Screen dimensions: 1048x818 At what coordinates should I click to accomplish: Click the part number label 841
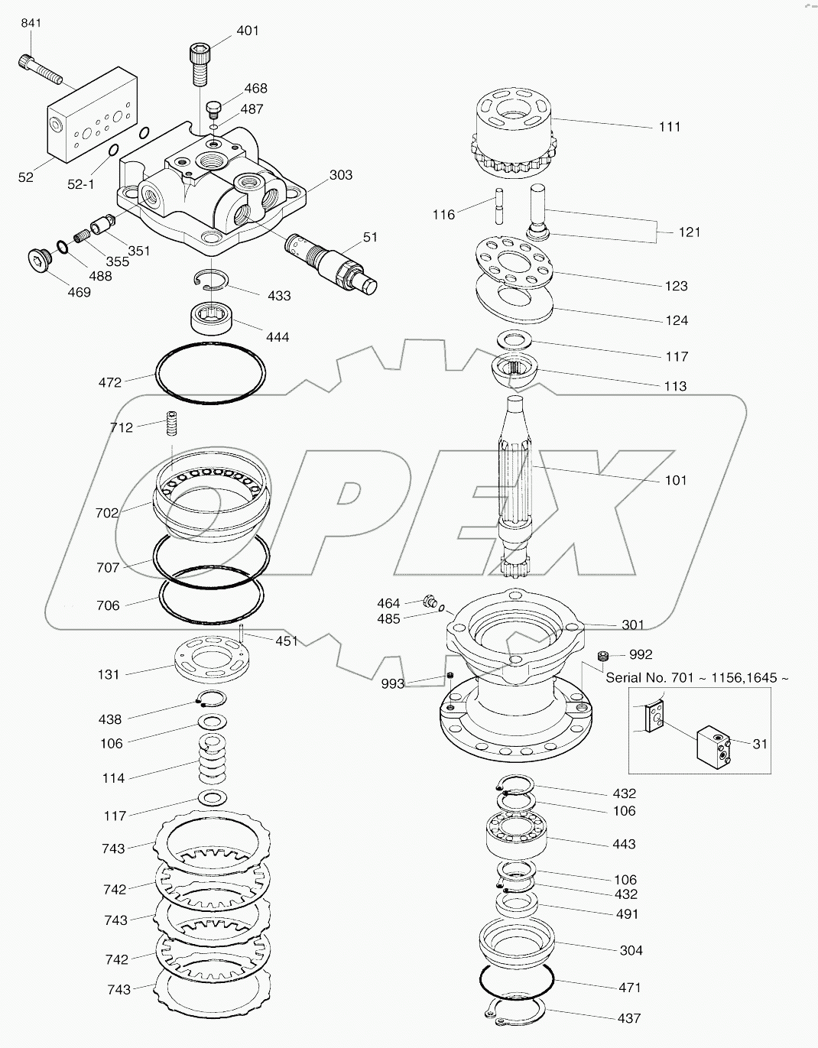[31, 24]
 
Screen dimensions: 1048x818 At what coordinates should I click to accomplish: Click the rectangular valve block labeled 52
[91, 115]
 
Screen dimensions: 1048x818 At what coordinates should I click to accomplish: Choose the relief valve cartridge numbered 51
[333, 260]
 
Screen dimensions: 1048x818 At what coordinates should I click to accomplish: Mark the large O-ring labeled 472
[211, 374]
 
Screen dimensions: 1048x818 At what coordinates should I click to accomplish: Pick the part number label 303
[341, 175]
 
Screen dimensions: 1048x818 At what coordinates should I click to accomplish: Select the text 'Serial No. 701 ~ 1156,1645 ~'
[696, 677]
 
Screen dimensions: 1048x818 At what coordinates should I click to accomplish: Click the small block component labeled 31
[714, 744]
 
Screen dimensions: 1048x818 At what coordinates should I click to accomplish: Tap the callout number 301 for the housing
[633, 625]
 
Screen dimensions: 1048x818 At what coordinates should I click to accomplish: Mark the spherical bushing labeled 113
[513, 371]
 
